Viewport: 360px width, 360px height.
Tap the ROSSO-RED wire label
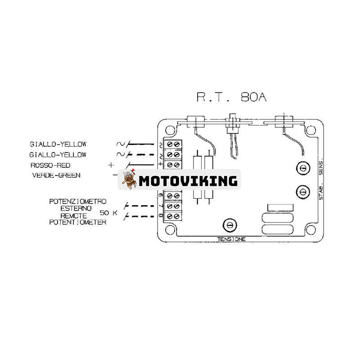pyautogui.click(x=50, y=165)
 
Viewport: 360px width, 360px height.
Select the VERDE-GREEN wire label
pyautogui.click(x=56, y=175)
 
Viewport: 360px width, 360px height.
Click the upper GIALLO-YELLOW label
pyautogui.click(x=58, y=144)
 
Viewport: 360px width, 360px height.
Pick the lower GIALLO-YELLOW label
pyautogui.click(x=58, y=154)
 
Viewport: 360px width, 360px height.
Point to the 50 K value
pyautogui.click(x=108, y=212)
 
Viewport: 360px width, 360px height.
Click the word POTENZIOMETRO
pyautogui.click(x=77, y=202)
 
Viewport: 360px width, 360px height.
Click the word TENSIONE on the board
pyautogui.click(x=231, y=239)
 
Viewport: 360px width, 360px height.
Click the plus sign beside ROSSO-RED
pyautogui.click(x=111, y=165)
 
